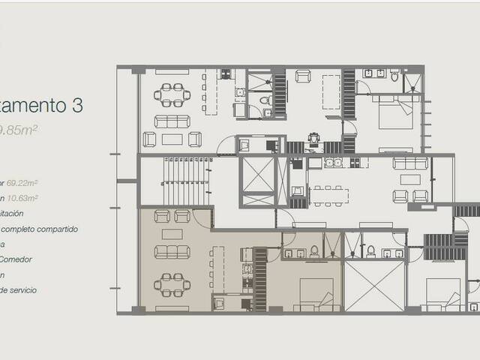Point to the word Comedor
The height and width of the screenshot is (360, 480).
coord(18,259)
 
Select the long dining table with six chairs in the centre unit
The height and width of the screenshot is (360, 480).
coord(328,195)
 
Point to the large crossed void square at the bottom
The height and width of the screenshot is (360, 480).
coord(373,285)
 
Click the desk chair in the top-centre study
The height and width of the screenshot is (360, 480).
coord(312,137)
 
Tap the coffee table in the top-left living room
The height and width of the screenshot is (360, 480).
coord(172,139)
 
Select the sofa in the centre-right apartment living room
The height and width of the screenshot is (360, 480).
coord(410,163)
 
